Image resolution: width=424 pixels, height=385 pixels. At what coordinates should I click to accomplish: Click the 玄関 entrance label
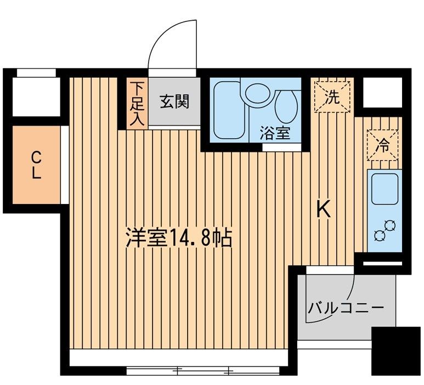coord(174,101)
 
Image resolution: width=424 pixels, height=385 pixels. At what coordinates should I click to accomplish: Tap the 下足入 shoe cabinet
coord(137,104)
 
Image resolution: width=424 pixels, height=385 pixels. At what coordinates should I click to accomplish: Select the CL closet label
coord(37,165)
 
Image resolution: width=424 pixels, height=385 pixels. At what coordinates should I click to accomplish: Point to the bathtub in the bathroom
coord(227,110)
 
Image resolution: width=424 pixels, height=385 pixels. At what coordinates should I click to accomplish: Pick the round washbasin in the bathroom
coord(258,93)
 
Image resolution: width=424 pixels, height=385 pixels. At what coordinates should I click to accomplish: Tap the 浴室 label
coord(275,133)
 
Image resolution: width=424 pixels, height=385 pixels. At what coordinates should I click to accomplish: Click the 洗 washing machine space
coord(332,97)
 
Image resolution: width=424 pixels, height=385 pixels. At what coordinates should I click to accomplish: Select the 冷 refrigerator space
coord(382,145)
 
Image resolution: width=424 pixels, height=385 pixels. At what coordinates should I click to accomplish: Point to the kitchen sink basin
coord(385,189)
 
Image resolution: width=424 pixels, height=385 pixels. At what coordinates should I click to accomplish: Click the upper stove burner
coord(390,225)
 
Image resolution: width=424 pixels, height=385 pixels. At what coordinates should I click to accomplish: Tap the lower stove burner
coord(380,235)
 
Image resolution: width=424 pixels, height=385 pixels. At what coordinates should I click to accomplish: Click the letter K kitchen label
coord(324,210)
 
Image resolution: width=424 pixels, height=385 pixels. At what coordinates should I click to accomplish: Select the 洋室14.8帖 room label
coord(179,238)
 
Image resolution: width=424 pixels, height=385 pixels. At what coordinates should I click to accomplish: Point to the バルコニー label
coord(346,308)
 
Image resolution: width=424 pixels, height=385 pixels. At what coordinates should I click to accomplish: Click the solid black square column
coord(395,351)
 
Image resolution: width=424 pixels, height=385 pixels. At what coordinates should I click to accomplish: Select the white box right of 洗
coord(382,93)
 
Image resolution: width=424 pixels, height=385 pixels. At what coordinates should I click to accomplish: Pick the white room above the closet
coord(36,97)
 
